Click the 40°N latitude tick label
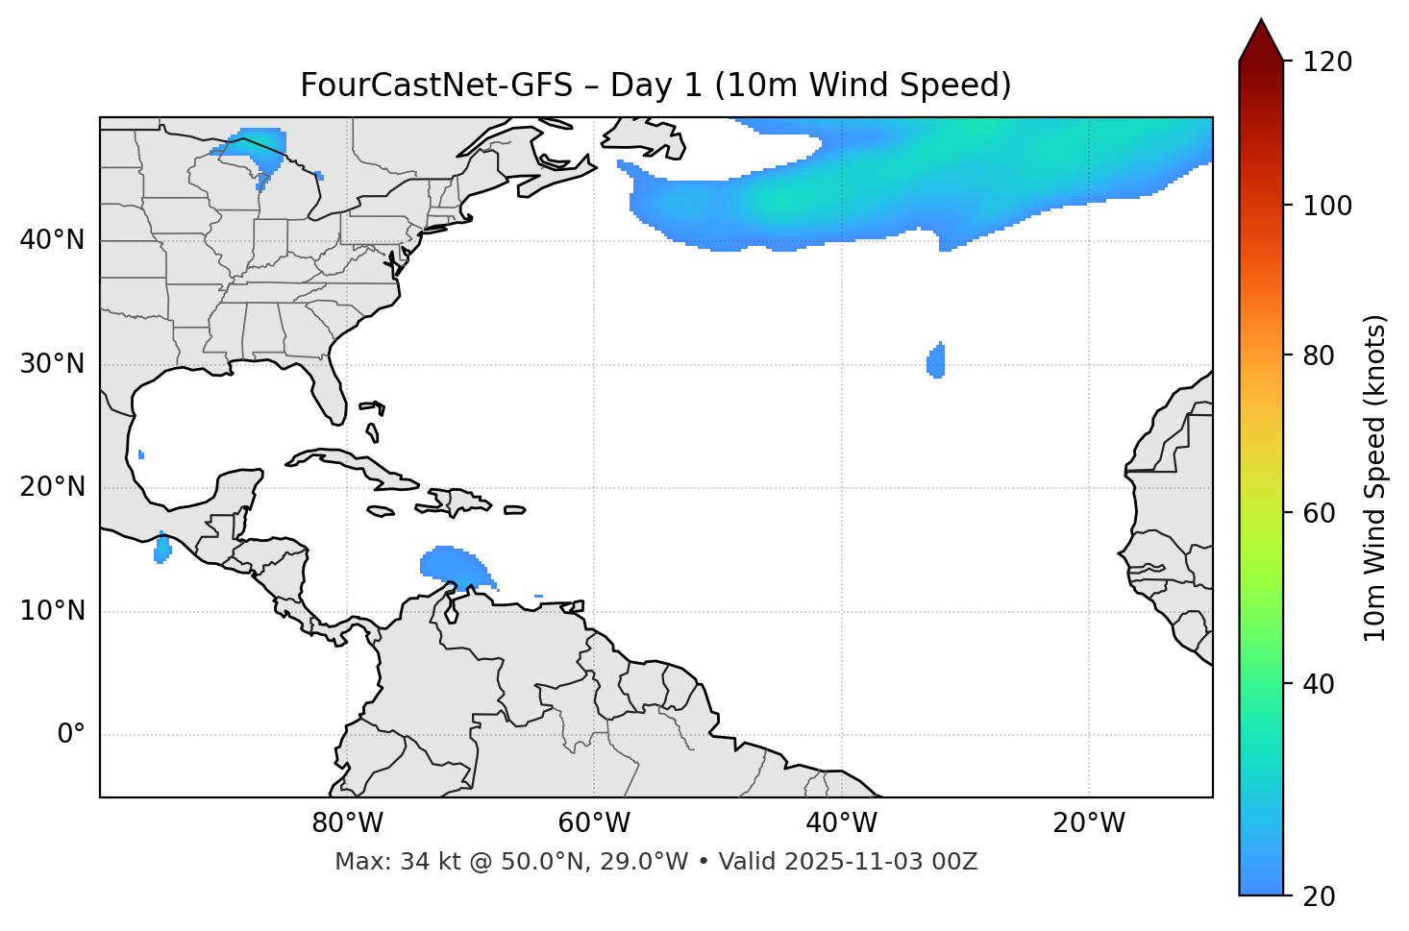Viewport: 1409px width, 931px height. (52, 240)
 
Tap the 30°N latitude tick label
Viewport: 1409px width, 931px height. (52, 364)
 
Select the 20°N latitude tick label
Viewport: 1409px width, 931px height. (52, 487)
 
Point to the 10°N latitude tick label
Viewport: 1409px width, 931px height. (52, 611)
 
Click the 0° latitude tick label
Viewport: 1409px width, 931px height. (71, 735)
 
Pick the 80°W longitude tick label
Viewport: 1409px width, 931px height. (347, 823)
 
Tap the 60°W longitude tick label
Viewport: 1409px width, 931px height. (594, 823)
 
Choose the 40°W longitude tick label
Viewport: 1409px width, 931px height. (841, 823)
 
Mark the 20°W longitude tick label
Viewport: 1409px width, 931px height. (1088, 823)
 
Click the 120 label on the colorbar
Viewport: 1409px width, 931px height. (1327, 62)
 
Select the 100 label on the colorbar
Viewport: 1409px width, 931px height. (1327, 206)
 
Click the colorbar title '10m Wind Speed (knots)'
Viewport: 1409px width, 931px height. (1375, 478)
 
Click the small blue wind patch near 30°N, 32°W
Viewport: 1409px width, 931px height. (936, 361)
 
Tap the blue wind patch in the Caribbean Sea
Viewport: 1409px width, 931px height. (452, 565)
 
